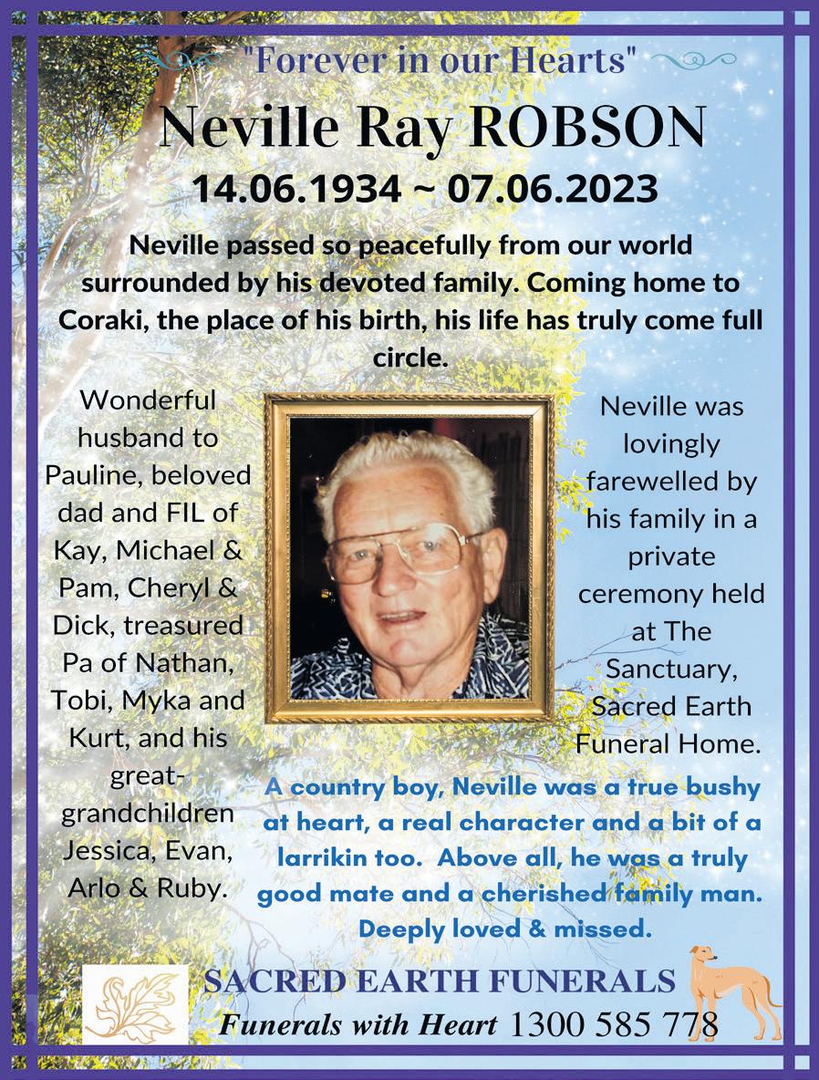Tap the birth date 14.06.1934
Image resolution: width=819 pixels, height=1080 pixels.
pyautogui.click(x=296, y=189)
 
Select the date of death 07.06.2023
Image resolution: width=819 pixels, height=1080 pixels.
pyautogui.click(x=553, y=189)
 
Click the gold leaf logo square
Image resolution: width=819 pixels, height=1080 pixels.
pyautogui.click(x=135, y=1005)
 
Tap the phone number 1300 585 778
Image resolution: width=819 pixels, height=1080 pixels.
pyautogui.click(x=614, y=1024)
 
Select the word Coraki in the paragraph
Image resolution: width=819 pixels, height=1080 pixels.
pyautogui.click(x=101, y=320)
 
